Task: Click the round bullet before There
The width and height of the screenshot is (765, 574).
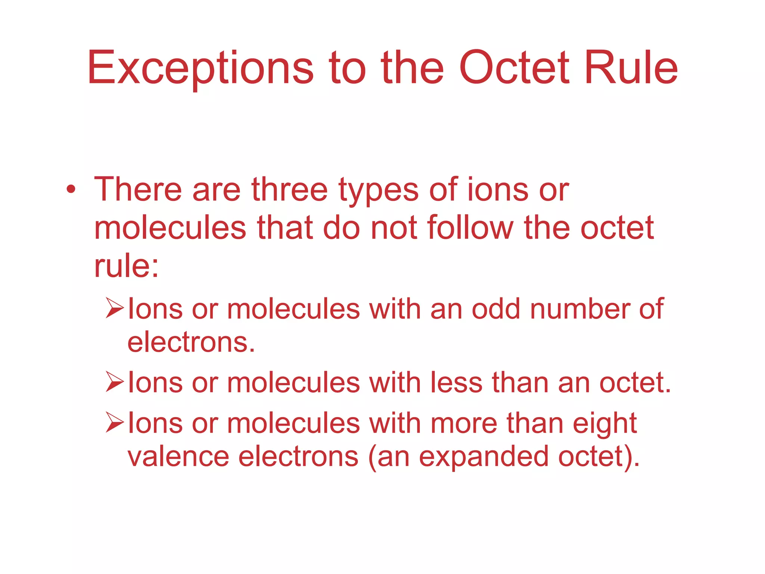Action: [x=71, y=190]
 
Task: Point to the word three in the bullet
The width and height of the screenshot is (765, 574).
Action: [x=289, y=190]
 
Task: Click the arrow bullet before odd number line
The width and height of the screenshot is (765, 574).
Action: [x=114, y=308]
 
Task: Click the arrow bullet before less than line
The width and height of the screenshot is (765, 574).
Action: [x=114, y=382]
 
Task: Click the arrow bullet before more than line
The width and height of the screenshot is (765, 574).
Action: [x=114, y=422]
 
